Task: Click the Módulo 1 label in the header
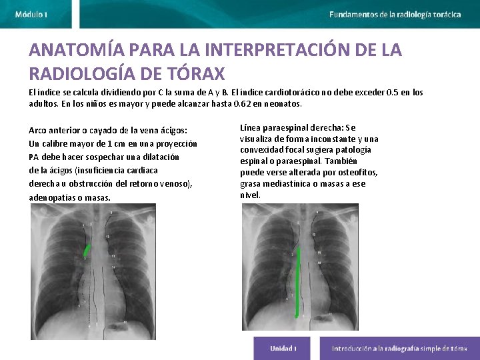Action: click(x=31, y=14)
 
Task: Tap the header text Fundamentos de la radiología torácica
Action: click(x=395, y=14)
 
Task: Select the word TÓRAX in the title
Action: click(x=196, y=72)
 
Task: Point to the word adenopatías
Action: click(x=52, y=197)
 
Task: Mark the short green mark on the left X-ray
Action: click(x=87, y=251)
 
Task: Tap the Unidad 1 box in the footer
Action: click(x=283, y=348)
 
